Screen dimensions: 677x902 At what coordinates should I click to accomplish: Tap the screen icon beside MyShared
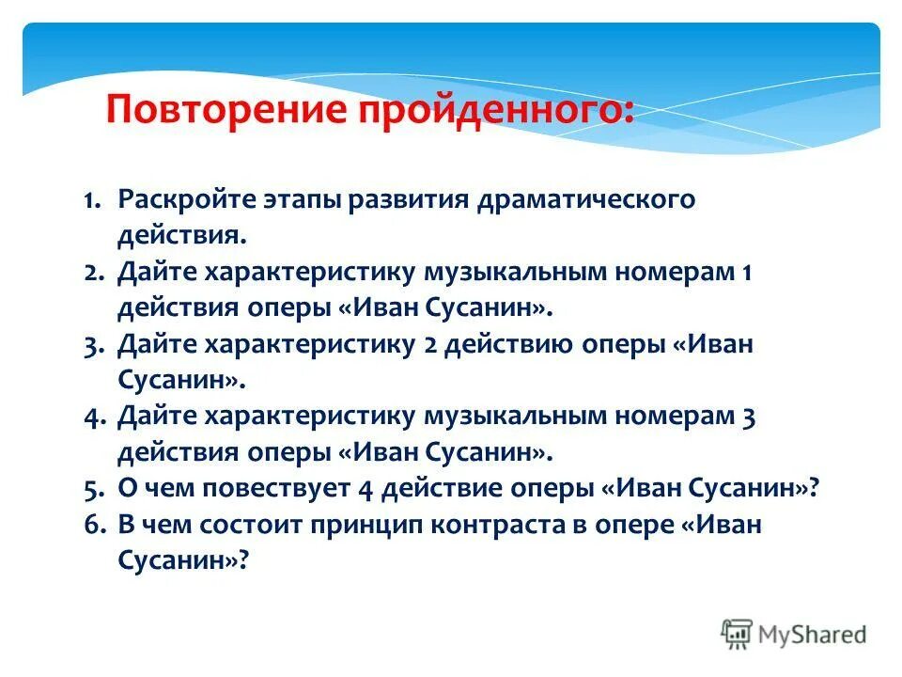point(738,634)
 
